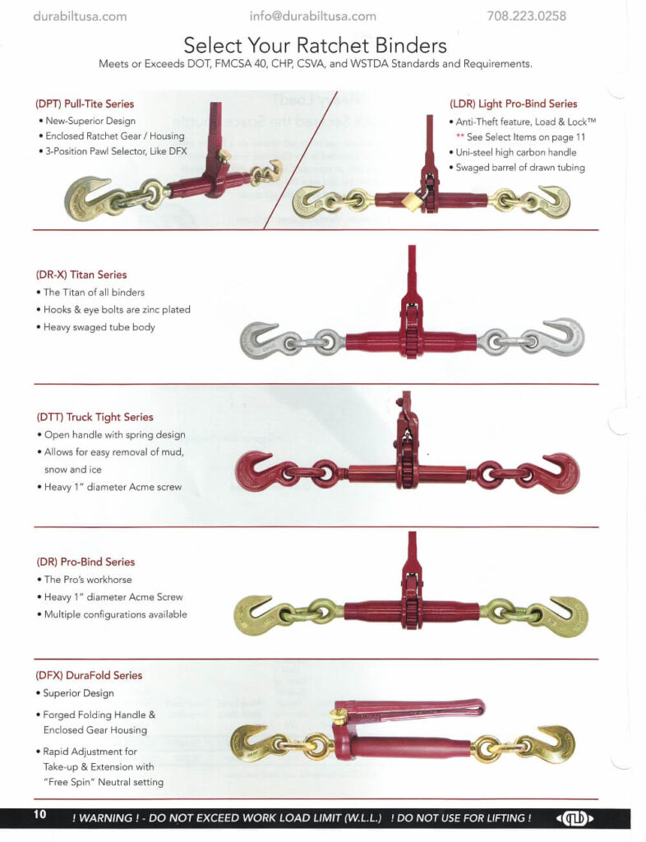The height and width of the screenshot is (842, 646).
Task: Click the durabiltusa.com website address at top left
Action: pos(80,16)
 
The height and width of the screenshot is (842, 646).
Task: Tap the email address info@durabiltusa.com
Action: pos(312,16)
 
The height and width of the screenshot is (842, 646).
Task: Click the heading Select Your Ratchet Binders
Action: pos(315,44)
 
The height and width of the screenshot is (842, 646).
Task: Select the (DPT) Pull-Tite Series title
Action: pos(85,104)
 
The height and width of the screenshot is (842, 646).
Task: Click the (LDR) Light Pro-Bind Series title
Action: pos(513,104)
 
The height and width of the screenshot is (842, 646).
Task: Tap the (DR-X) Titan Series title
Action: pos(81,275)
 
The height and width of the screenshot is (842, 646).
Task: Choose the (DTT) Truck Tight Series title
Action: pos(95,417)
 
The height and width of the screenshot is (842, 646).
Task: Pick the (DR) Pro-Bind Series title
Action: pos(85,562)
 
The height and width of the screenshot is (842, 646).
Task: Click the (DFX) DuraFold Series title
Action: pos(89,675)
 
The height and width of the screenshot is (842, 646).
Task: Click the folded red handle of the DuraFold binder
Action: pos(411,710)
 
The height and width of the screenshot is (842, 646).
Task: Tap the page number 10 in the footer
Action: pos(39,815)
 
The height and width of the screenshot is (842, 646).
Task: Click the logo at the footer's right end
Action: pos(575,818)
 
